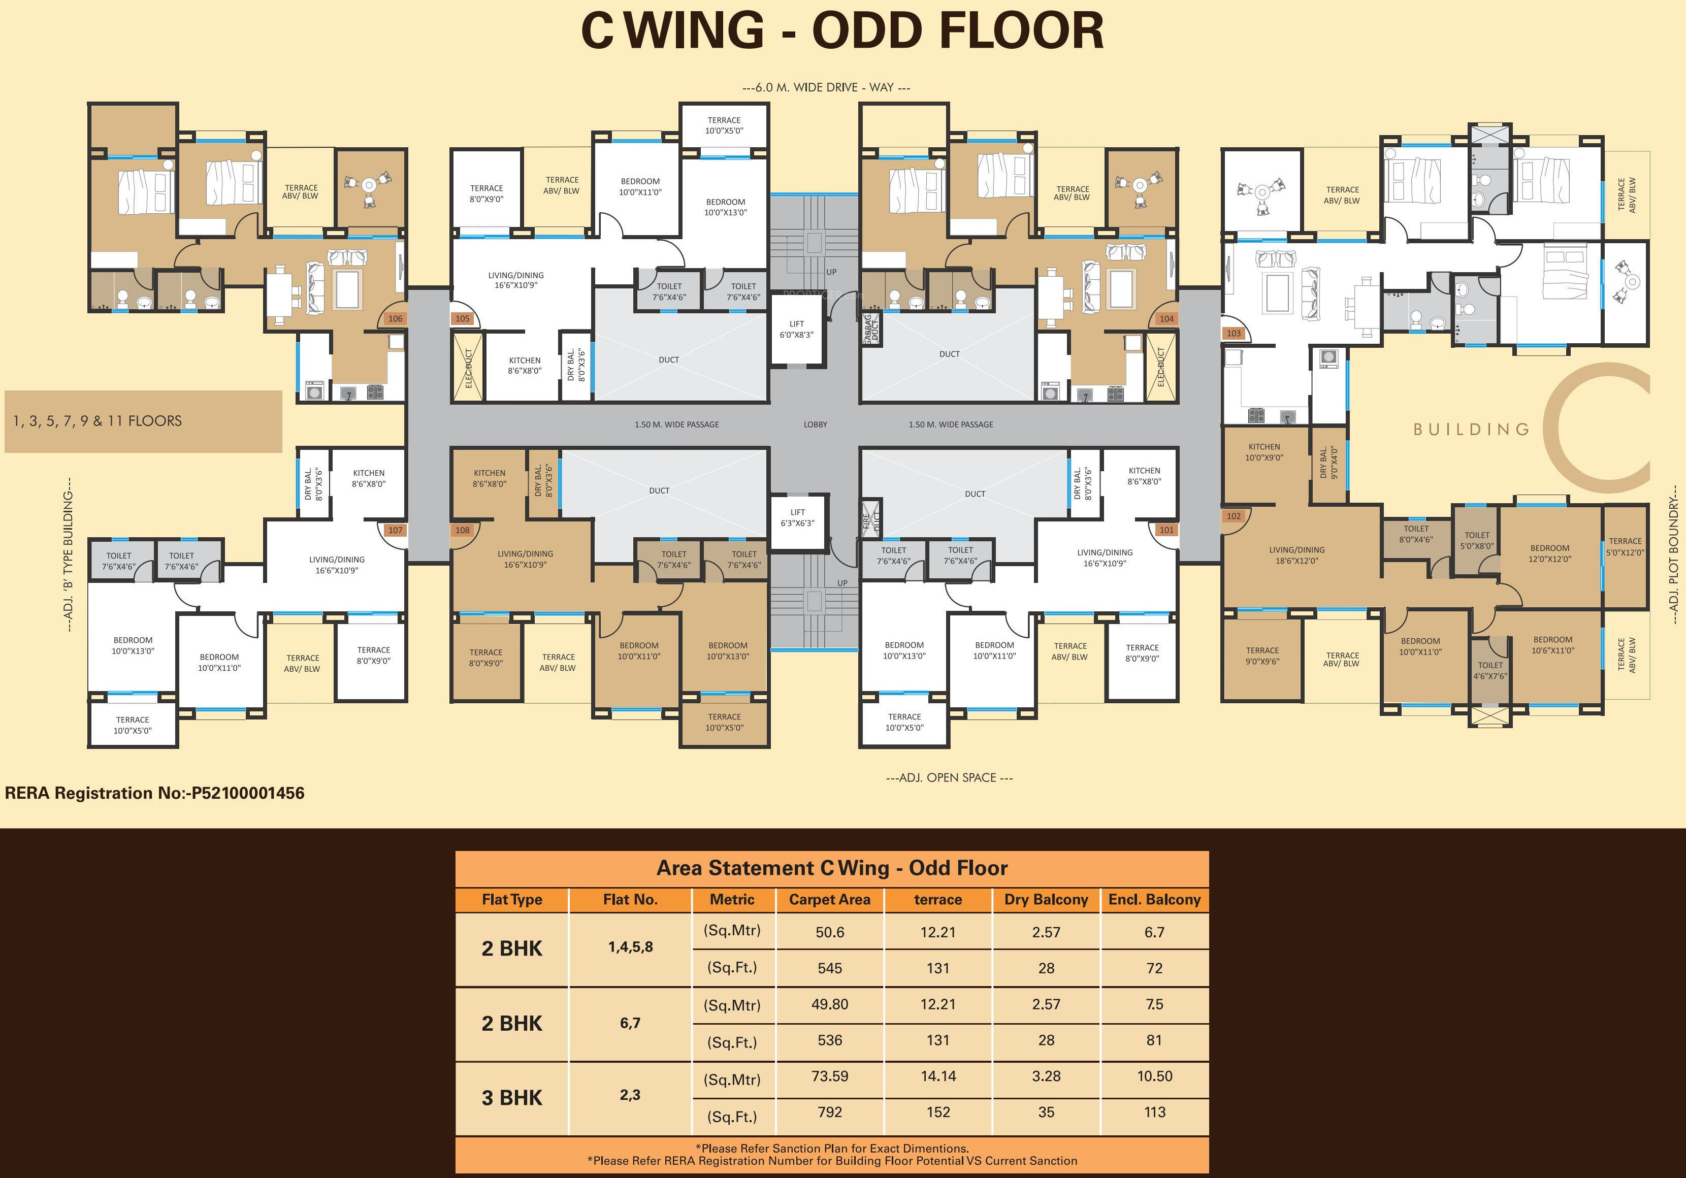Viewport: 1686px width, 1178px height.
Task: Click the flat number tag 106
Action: (x=395, y=319)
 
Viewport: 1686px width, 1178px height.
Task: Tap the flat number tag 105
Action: (x=462, y=319)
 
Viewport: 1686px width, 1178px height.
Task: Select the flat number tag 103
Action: (x=1233, y=334)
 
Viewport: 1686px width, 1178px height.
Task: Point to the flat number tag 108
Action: (x=462, y=530)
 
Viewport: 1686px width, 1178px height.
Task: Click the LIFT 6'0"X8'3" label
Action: (x=797, y=329)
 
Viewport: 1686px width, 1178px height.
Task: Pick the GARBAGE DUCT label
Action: (x=871, y=329)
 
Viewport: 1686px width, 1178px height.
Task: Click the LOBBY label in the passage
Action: (x=815, y=424)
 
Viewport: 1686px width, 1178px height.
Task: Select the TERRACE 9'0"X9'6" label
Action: (x=1262, y=656)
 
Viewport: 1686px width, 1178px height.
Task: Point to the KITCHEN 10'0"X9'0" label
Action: (x=1264, y=452)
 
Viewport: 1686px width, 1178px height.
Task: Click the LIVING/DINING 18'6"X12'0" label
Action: (x=1297, y=555)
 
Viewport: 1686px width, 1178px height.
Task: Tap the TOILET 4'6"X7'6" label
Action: (x=1490, y=671)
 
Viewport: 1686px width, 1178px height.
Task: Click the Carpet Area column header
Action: (x=829, y=900)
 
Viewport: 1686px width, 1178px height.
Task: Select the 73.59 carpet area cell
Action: (x=830, y=1076)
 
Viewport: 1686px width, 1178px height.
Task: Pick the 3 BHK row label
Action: (x=512, y=1097)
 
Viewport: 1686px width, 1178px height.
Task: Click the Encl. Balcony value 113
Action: (x=1154, y=1112)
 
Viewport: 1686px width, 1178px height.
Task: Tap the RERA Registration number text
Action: (x=154, y=793)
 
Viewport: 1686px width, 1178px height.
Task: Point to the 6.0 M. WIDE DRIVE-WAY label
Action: (x=826, y=87)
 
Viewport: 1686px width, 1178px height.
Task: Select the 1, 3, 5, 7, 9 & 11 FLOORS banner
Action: (x=143, y=421)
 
